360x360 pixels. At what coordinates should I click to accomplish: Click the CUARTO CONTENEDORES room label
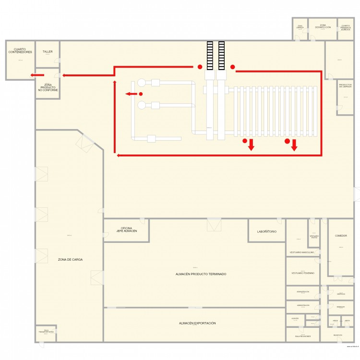click(20, 50)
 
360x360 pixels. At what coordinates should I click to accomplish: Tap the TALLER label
click(48, 51)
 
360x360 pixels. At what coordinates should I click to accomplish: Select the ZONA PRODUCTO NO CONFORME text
click(48, 87)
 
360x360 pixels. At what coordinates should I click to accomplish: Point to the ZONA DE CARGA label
click(70, 259)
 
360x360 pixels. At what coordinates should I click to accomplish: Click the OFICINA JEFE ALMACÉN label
click(126, 229)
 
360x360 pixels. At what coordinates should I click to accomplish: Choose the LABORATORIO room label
click(266, 231)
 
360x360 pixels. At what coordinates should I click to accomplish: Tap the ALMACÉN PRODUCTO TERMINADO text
click(201, 274)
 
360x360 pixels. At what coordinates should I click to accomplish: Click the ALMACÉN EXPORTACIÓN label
click(197, 324)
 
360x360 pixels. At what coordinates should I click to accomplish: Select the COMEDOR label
click(341, 236)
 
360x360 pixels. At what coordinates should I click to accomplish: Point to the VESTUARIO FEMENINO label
click(302, 273)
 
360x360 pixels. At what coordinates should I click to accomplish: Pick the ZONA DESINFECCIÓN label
click(323, 26)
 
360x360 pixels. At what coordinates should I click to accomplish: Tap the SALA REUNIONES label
click(302, 336)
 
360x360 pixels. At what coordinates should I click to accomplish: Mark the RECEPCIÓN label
click(337, 335)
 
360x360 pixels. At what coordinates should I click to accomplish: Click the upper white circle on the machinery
click(142, 83)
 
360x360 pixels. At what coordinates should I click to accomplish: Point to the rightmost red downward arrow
click(294, 145)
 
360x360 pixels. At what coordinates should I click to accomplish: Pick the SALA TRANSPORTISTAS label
click(46, 331)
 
